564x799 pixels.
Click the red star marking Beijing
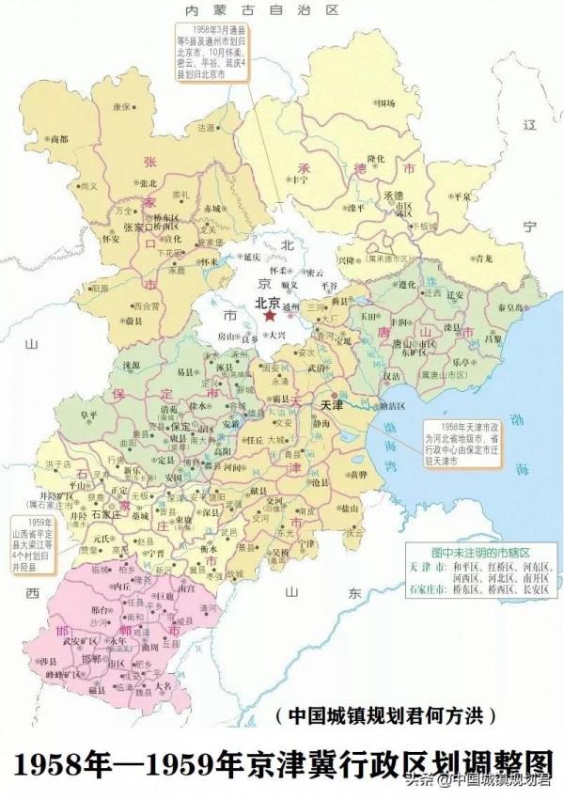tap(274, 319)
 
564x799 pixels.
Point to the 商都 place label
tap(58, 139)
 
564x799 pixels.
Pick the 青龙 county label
tap(483, 257)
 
